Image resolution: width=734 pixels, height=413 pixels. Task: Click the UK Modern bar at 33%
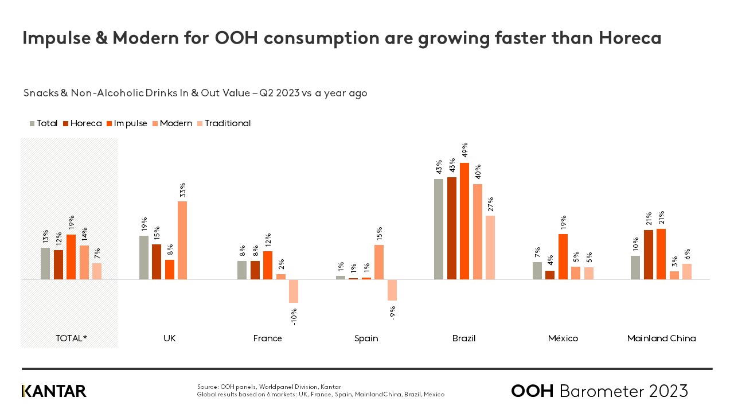tap(182, 240)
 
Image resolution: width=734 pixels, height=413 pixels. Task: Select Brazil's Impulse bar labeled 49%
tap(464, 221)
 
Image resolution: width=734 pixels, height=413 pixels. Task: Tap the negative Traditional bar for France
tap(294, 291)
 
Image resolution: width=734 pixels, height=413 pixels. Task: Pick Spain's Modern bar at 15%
tap(379, 262)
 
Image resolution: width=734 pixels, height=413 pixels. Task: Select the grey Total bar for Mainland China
tap(635, 267)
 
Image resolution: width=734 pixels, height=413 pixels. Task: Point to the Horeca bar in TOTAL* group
tap(58, 264)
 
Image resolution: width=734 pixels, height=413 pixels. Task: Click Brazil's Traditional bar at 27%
tap(490, 248)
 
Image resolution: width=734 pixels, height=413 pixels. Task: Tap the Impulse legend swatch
tap(109, 123)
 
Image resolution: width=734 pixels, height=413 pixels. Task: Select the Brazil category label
tap(464, 338)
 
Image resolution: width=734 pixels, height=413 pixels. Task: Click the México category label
tap(563, 338)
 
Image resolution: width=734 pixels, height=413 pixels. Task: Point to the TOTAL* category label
tap(71, 338)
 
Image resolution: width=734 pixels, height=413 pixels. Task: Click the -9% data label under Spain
tap(392, 314)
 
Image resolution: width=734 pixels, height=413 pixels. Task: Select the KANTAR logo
tap(54, 391)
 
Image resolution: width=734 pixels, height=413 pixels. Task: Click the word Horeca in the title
tap(630, 38)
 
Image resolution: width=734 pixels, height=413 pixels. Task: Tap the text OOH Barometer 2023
tap(599, 391)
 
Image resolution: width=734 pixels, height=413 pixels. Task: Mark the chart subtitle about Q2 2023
tap(195, 93)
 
